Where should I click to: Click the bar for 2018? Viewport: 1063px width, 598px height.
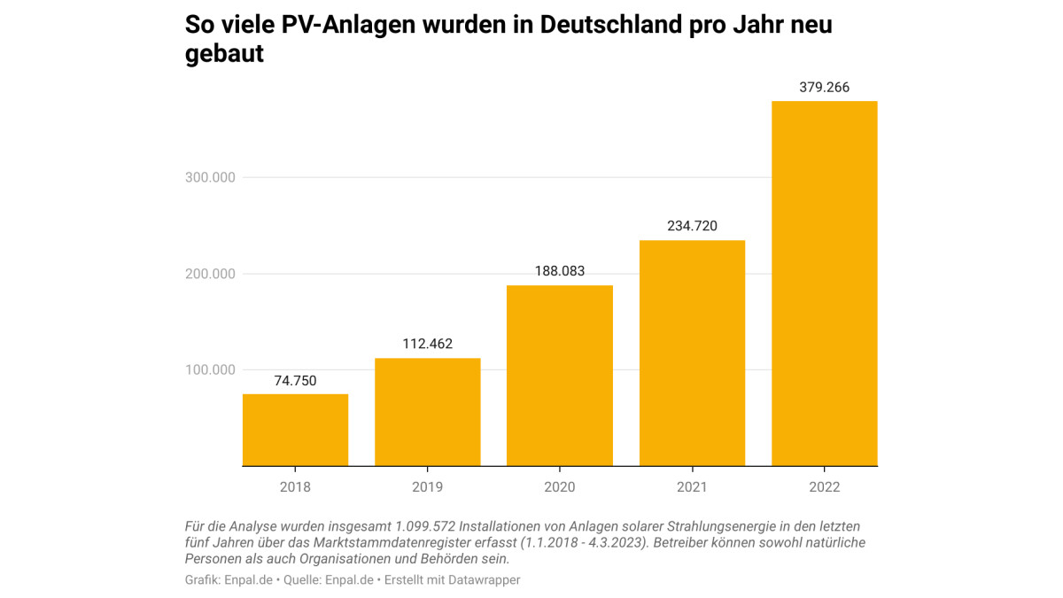pos(295,430)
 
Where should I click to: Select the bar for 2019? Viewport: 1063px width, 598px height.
pos(428,412)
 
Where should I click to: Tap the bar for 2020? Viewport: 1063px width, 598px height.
pos(560,376)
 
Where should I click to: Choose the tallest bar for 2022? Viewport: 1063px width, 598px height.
pos(825,283)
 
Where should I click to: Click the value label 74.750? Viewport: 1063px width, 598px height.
pos(295,381)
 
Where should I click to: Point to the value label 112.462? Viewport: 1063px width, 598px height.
pos(428,344)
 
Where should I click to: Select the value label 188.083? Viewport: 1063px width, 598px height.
pos(560,271)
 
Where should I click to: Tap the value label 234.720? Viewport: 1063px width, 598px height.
pos(692,226)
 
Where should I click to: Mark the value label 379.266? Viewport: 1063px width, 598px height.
pos(825,87)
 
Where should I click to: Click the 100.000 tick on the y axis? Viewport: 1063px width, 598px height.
pos(210,369)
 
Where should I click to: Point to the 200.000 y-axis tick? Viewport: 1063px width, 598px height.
pos(210,274)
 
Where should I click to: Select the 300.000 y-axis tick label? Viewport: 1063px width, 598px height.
pos(210,177)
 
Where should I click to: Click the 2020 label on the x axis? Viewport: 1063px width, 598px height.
pos(560,487)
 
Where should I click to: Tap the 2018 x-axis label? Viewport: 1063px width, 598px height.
pos(295,487)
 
